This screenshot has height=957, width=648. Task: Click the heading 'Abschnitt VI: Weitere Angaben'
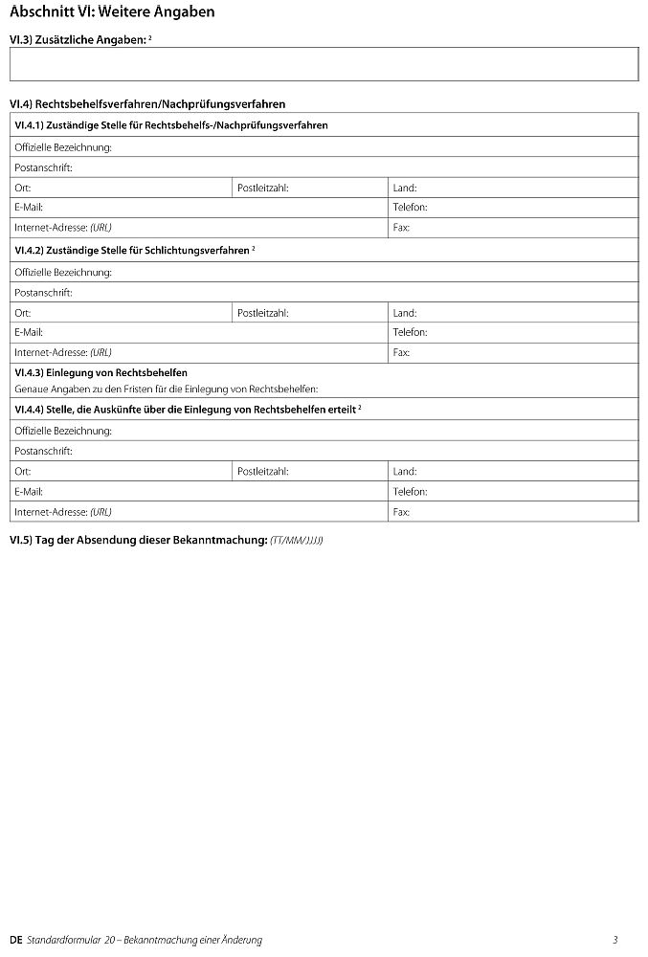tap(112, 12)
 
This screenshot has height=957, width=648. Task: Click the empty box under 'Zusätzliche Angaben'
tap(324, 64)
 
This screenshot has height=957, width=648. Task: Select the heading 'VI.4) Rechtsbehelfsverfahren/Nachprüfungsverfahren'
tap(147, 103)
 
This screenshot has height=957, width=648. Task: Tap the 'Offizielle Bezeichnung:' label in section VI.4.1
tap(63, 147)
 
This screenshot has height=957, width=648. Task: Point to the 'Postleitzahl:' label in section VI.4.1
tap(262, 189)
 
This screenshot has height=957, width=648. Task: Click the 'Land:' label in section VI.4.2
tap(405, 313)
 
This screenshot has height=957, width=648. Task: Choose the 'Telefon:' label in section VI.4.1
tap(410, 208)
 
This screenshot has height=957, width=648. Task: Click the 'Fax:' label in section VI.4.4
tap(401, 512)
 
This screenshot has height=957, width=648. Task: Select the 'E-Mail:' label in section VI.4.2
tap(29, 333)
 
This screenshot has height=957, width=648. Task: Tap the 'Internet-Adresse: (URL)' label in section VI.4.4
tap(63, 512)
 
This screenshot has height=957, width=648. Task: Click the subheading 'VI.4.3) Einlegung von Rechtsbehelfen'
tap(101, 372)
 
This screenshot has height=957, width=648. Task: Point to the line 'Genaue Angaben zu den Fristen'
tap(166, 389)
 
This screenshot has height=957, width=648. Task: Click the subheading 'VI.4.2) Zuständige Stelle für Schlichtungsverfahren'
tap(133, 251)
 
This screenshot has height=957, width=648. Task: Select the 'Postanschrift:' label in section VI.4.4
tap(43, 451)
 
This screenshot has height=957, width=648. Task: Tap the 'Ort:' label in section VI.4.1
tap(23, 189)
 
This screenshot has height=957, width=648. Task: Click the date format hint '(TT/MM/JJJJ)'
tap(297, 541)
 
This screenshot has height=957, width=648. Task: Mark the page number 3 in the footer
tap(615, 940)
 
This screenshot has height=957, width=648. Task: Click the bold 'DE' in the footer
tap(15, 940)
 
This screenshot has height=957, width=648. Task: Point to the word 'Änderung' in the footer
tap(241, 940)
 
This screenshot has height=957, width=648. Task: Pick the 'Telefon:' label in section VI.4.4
tap(410, 491)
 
